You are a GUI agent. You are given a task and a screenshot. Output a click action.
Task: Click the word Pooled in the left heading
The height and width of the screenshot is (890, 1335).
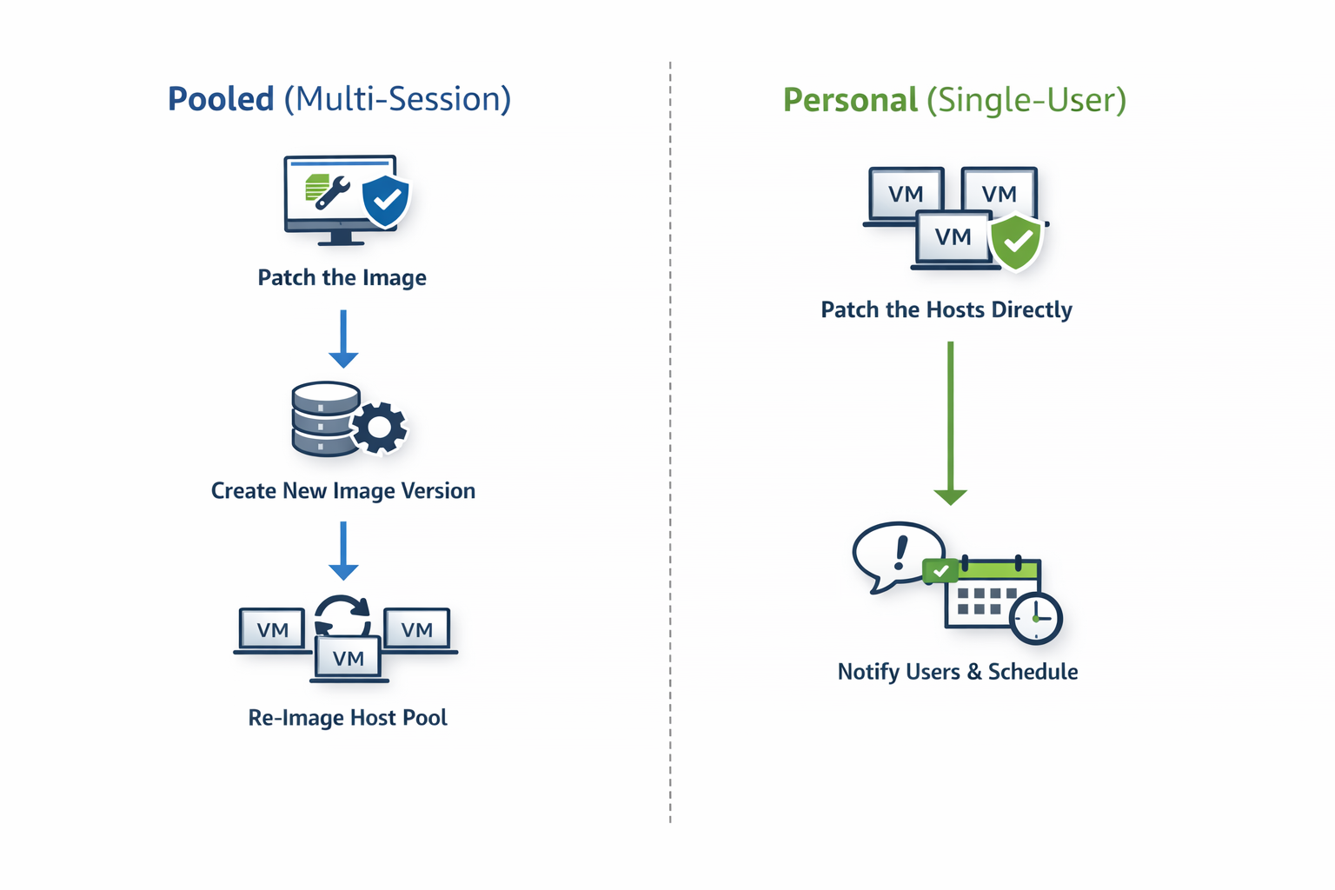click(x=221, y=99)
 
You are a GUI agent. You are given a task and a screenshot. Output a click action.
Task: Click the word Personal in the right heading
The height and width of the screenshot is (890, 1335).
click(x=849, y=100)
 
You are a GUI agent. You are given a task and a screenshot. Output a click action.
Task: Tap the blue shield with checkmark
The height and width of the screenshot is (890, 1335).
click(x=386, y=201)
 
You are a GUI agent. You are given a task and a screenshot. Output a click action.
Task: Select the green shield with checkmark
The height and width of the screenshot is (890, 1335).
click(x=1016, y=242)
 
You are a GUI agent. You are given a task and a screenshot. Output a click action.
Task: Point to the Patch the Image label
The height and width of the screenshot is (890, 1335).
click(x=342, y=278)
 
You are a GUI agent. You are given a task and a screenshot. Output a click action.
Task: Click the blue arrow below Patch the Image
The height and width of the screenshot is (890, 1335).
click(x=343, y=339)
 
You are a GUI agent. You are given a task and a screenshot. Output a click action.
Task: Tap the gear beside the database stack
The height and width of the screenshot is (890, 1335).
click(x=379, y=427)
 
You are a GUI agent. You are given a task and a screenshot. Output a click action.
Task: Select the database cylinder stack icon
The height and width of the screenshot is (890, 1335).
click(x=324, y=419)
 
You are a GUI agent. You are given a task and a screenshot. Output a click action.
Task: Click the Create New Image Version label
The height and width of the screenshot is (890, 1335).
click(x=342, y=491)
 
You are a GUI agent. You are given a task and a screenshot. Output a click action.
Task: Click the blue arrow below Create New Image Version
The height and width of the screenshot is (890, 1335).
click(x=343, y=551)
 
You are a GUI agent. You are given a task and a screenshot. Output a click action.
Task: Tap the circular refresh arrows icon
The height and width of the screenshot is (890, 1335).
click(x=342, y=615)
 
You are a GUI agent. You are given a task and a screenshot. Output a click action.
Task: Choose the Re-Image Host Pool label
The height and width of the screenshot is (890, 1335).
click(x=347, y=718)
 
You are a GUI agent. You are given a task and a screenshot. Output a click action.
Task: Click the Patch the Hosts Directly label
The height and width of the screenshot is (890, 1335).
click(x=946, y=310)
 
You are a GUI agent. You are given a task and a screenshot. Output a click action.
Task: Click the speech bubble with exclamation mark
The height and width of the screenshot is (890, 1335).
click(x=896, y=555)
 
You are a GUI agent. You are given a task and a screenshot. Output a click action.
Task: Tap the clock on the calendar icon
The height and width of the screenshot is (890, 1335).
click(x=1035, y=618)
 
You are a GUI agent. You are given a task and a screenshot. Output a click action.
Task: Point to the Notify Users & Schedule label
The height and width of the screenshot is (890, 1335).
click(x=957, y=672)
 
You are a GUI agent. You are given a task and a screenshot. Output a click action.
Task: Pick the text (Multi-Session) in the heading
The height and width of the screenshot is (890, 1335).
click(x=397, y=99)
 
